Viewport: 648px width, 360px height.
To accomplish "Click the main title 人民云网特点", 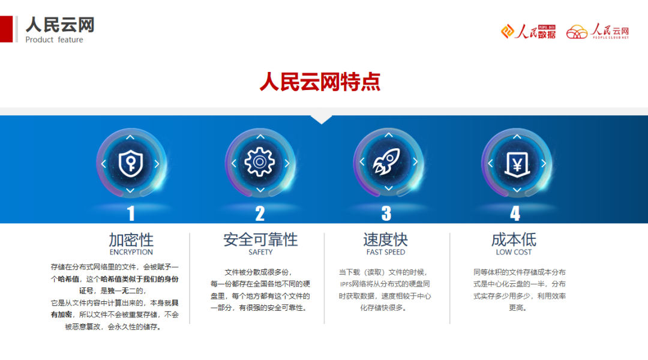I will point(320,82).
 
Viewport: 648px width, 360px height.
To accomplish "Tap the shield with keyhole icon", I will point(130,163).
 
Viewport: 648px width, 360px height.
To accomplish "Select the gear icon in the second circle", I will point(259,162).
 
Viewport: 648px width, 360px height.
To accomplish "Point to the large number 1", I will point(131,214).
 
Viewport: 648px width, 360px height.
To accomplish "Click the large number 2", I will point(260,214).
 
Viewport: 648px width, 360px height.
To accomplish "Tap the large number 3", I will point(386,214).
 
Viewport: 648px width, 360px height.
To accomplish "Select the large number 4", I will point(515,214).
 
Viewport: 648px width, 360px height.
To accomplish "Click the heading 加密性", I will point(131,240).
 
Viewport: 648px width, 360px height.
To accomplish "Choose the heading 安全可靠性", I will point(260,240).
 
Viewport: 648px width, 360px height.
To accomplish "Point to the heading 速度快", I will point(385,240).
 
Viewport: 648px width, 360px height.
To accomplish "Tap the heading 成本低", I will point(514,240).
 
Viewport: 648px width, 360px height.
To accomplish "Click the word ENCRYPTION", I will point(131,253).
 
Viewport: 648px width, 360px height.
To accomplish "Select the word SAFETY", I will point(260,253).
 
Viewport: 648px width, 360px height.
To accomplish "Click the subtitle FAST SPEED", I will point(386,253).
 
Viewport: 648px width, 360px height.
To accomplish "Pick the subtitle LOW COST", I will point(514,253).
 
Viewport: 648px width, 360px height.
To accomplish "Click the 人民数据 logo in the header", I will point(529,32).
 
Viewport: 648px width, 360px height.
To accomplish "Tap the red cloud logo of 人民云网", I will point(577,32).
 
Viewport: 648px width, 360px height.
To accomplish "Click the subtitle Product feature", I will point(54,40).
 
